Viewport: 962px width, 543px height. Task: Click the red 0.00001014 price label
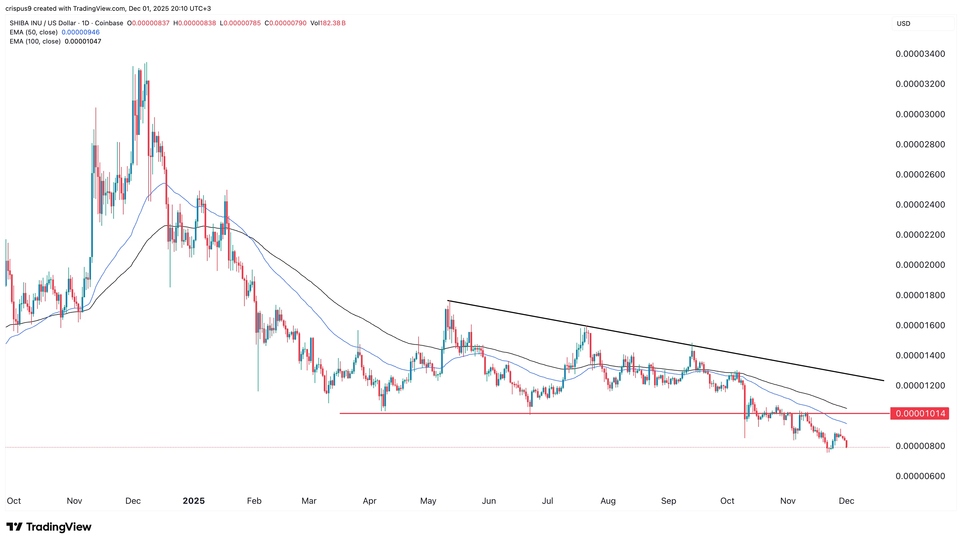920,413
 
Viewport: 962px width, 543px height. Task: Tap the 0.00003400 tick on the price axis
920,54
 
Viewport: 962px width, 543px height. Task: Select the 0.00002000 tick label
920,265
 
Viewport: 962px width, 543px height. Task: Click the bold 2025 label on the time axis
194,501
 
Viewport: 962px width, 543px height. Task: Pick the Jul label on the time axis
547,501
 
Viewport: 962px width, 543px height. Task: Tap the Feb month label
254,501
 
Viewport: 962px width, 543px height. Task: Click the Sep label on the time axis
668,501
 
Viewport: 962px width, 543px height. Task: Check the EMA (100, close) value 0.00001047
83,41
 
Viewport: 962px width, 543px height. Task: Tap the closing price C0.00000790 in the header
285,23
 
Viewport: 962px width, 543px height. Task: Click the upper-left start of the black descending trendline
448,301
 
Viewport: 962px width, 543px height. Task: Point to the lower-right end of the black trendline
884,380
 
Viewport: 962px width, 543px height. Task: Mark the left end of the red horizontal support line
340,413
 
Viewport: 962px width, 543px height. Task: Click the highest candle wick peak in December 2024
146,63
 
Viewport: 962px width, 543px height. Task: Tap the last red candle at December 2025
846,444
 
